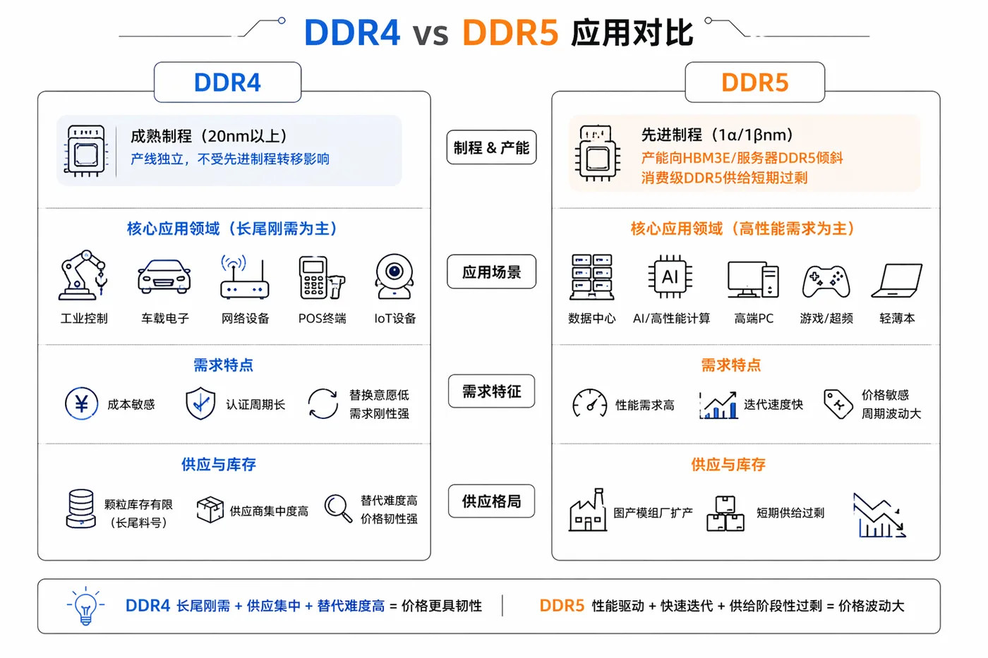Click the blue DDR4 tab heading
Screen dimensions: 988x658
coord(227,83)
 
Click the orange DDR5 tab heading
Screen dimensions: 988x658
coord(754,83)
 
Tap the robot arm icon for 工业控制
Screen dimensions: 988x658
coord(83,276)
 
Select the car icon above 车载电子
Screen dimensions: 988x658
coord(164,276)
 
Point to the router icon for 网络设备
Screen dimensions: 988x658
coord(245,276)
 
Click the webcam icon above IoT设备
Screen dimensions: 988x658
coord(394,276)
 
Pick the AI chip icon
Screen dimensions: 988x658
coord(670,276)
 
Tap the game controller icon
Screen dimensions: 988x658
coord(826,281)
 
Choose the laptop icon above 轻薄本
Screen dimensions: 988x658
coord(897,281)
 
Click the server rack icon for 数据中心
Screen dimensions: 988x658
coord(592,276)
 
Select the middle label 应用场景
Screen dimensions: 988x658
coord(492,272)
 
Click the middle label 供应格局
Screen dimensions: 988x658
coord(492,501)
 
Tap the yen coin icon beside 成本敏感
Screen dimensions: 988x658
coord(82,403)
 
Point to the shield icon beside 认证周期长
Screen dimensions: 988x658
coord(200,403)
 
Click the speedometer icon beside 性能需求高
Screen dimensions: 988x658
coord(590,403)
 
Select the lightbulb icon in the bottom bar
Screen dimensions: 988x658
coord(85,606)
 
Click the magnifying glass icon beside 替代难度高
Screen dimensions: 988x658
coord(338,508)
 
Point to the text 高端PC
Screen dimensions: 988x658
coord(754,318)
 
